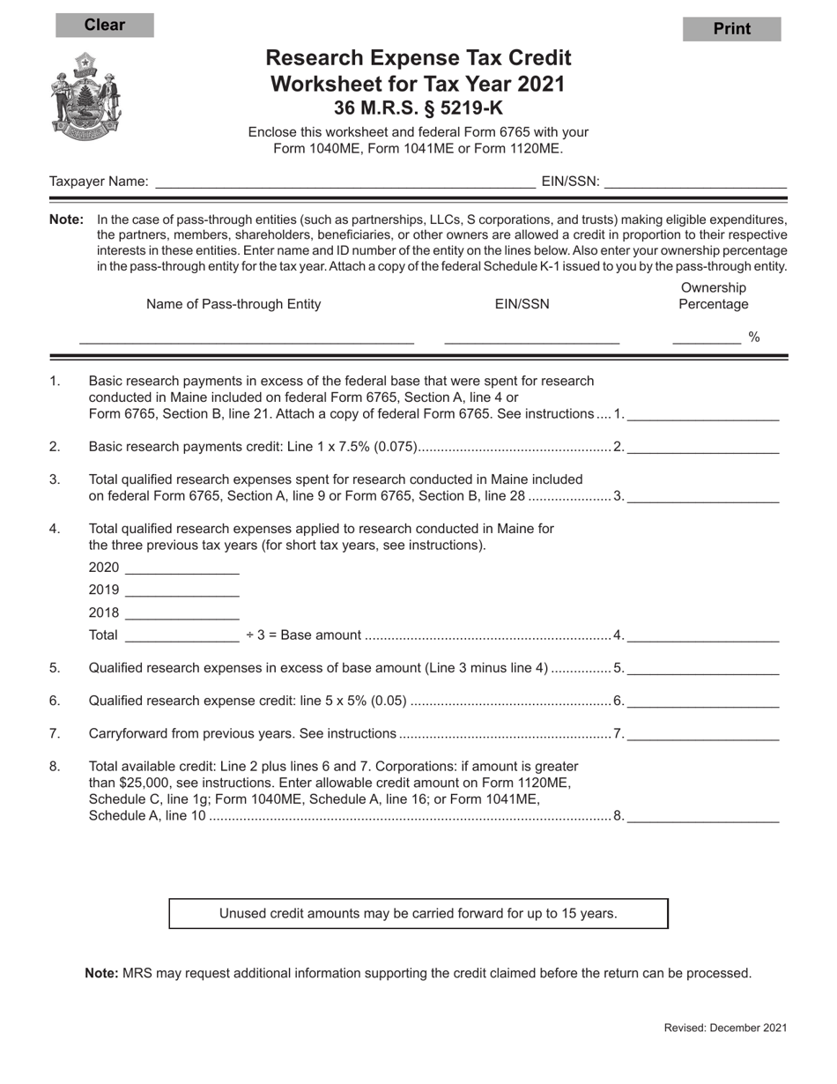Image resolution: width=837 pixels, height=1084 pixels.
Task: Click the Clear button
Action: tap(105, 26)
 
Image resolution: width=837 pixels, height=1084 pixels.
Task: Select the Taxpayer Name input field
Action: tap(344, 182)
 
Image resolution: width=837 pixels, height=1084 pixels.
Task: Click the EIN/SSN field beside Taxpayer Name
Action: tap(695, 182)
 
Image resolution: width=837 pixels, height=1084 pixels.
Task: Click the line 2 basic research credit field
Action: tap(703, 447)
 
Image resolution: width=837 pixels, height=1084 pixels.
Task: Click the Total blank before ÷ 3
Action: tap(182, 635)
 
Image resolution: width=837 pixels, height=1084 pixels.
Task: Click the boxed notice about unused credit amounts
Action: tap(418, 914)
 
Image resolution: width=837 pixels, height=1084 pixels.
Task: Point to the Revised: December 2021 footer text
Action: tap(725, 1028)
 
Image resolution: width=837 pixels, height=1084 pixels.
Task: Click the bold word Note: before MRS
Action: tap(101, 974)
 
